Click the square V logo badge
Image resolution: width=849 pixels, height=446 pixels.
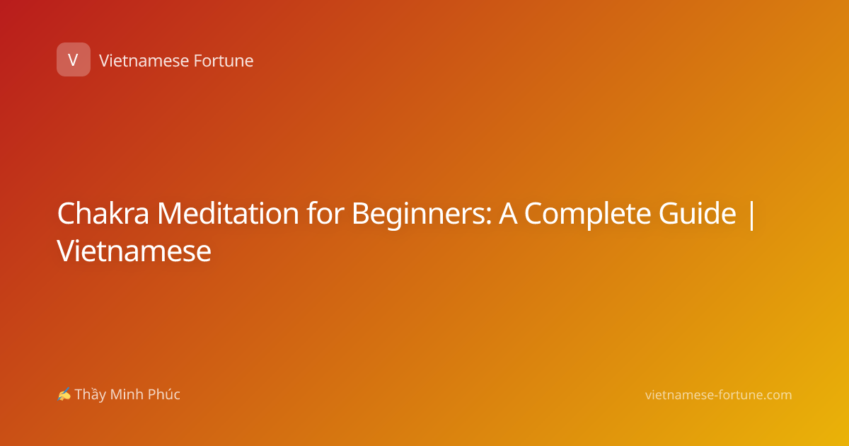[74, 59]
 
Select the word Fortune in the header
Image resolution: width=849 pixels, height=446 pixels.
[224, 61]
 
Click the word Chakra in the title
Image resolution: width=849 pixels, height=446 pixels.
[103, 213]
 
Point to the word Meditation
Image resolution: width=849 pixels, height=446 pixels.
[228, 213]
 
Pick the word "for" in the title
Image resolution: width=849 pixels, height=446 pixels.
[325, 212]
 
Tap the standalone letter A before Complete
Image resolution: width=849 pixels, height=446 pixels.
[508, 214]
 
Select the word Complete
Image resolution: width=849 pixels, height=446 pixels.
[588, 215]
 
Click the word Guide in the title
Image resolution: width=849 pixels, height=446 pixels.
[698, 213]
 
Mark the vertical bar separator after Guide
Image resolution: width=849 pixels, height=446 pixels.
[751, 215]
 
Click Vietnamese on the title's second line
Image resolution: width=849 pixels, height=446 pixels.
[134, 251]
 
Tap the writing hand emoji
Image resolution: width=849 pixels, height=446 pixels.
[64, 394]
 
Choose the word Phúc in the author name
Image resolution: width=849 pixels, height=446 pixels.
[163, 394]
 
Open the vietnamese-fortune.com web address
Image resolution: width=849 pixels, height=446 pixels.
[719, 395]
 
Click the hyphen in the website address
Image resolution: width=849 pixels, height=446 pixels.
[715, 396]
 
